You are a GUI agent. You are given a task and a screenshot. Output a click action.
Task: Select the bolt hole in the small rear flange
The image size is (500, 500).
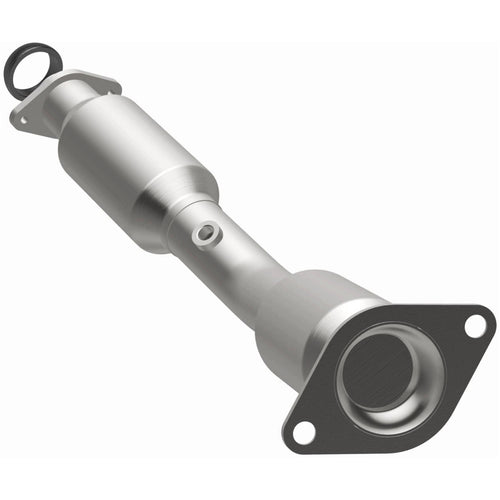pos(22,118)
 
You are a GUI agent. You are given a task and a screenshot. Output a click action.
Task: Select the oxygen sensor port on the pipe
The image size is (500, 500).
pos(205,232)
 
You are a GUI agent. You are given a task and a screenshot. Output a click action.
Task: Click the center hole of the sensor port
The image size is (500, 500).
pos(206,232)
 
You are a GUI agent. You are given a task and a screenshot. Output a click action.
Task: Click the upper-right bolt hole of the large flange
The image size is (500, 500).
pos(475,325)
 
